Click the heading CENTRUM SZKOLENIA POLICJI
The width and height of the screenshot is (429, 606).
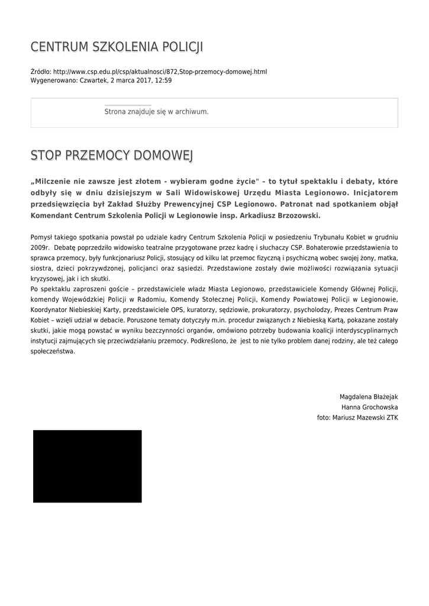(x=117, y=47)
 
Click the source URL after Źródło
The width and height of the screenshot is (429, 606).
(x=160, y=72)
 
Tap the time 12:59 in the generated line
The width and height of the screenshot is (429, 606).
(x=163, y=80)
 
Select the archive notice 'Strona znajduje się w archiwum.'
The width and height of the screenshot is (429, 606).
(x=156, y=111)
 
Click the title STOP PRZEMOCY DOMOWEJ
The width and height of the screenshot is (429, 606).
(x=112, y=156)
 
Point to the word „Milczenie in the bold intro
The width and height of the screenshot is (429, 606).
(x=53, y=180)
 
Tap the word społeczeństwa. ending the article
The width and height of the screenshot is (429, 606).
(x=53, y=351)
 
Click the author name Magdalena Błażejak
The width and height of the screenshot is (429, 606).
(x=368, y=397)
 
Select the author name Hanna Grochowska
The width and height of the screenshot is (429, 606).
(x=369, y=407)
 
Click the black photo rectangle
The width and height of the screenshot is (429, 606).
(x=87, y=466)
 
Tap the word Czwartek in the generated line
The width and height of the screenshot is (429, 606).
(x=93, y=80)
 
